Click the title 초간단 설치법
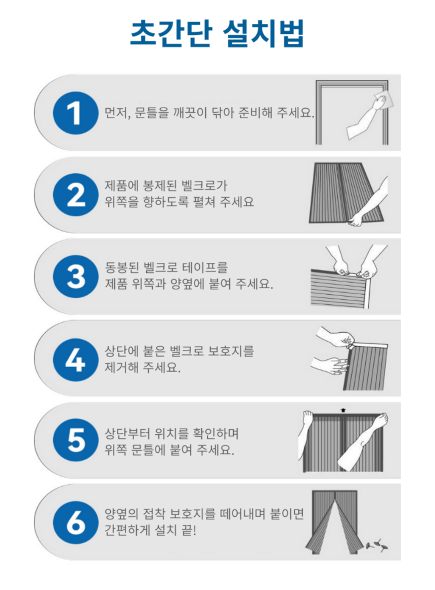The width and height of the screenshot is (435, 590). click(x=217, y=33)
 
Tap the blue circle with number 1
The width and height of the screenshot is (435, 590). click(x=76, y=113)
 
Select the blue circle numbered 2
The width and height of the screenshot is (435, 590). click(x=76, y=195)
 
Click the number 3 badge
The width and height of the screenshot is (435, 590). click(x=76, y=277)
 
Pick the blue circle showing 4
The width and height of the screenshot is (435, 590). click(x=76, y=359)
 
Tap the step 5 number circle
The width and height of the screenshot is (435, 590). click(x=76, y=440)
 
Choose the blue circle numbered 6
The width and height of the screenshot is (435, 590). click(x=76, y=522)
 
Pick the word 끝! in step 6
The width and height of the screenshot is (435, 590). click(x=189, y=530)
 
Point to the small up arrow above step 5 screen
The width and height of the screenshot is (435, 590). click(x=343, y=411)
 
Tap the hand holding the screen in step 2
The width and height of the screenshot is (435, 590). click(x=356, y=219)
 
